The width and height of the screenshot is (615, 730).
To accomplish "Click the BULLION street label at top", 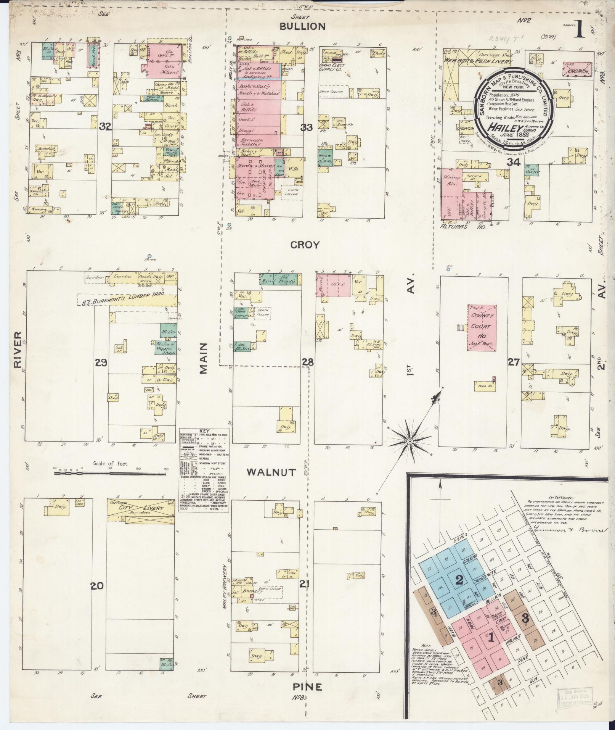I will [303, 26].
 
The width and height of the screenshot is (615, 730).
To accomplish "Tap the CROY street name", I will [305, 245].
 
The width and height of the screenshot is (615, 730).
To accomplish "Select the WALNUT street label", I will [271, 472].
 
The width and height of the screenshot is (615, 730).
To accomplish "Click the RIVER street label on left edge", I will [18, 350].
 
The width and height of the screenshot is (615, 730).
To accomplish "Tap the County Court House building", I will [482, 327].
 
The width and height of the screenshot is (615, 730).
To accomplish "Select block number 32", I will [104, 127].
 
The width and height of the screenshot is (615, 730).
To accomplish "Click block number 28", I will [308, 362].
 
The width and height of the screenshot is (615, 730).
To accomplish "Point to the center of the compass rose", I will [409, 442].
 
